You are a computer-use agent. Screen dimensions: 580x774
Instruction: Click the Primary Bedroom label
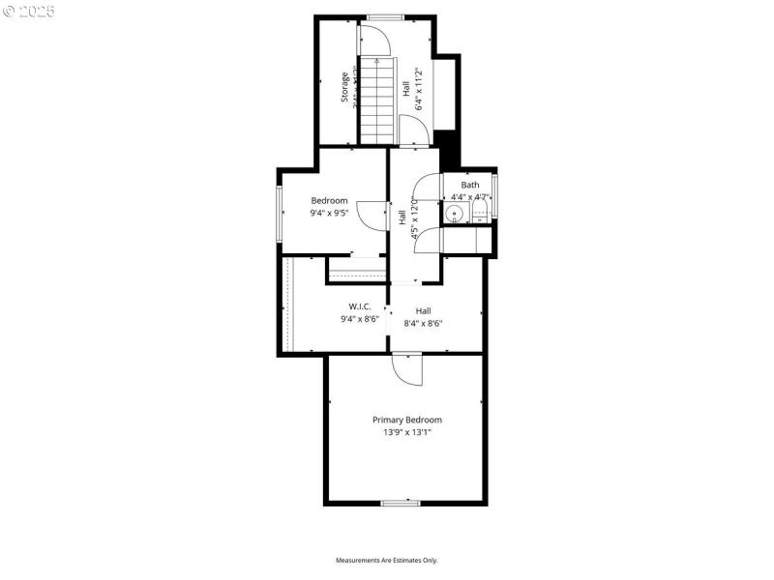(407, 420)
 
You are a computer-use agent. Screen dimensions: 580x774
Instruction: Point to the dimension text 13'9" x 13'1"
(407, 432)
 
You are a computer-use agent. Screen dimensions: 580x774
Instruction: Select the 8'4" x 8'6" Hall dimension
(423, 323)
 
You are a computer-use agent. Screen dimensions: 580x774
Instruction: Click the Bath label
(469, 185)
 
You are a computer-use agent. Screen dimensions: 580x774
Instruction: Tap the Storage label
(343, 88)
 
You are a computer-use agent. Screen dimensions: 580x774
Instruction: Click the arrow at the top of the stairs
(377, 64)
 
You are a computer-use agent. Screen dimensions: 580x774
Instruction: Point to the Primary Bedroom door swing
(407, 369)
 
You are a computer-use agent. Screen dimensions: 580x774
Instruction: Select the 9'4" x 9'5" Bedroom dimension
(329, 213)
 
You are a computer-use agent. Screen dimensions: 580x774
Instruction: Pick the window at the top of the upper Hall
(384, 16)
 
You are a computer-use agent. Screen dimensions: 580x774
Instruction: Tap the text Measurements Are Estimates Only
(387, 561)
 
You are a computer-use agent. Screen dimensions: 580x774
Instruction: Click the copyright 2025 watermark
(29, 12)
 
